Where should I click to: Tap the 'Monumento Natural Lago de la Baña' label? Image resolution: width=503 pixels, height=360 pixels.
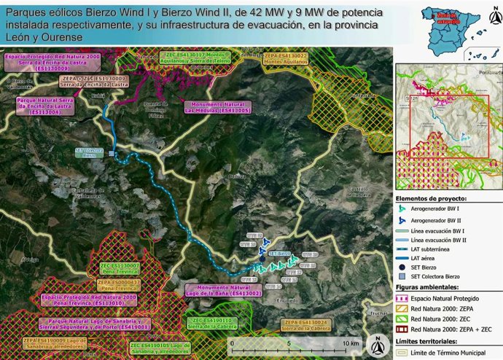[x=219, y=290]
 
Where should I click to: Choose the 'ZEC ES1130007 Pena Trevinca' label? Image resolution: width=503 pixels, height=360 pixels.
[x=120, y=269]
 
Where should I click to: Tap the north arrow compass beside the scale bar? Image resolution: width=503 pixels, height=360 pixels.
[x=376, y=343]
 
